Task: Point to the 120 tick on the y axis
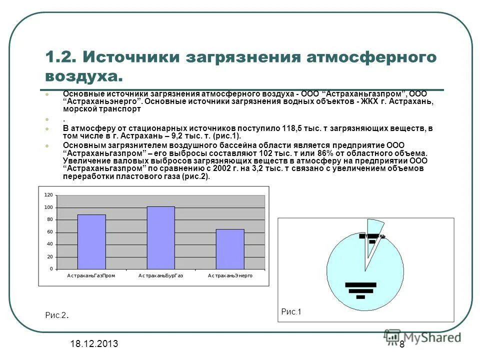(x=48, y=194)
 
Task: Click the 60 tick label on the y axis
(x=49, y=232)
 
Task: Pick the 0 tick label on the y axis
(x=51, y=269)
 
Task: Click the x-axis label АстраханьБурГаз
(x=160, y=275)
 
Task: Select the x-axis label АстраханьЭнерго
(x=230, y=275)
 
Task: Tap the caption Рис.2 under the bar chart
(x=56, y=315)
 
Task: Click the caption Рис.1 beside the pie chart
(x=291, y=311)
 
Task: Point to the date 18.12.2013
(x=94, y=343)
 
